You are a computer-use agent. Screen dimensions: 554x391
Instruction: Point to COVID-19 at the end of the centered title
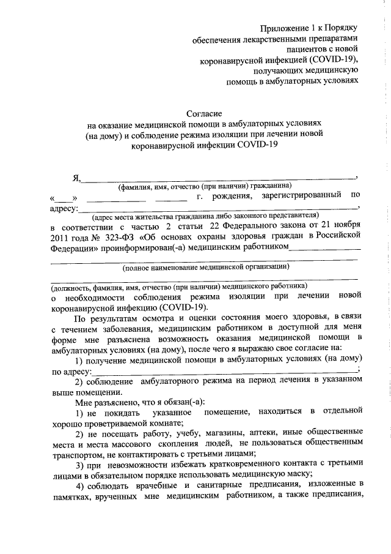click(257, 145)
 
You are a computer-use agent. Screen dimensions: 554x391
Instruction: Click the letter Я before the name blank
click(76, 178)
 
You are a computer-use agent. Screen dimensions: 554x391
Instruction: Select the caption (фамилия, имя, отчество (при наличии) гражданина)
click(205, 185)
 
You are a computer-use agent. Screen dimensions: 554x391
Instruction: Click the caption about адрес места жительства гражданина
click(205, 216)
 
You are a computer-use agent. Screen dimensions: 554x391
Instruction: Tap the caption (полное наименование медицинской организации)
click(205, 267)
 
